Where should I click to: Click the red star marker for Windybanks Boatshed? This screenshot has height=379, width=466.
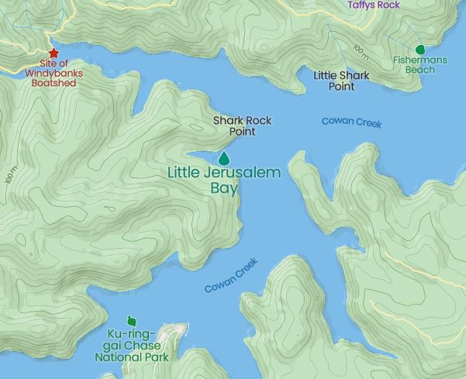(54, 53)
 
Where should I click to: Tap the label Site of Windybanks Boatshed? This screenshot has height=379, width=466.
(54, 74)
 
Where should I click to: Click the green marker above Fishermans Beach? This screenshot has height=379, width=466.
(421, 49)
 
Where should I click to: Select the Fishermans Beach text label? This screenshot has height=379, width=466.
(419, 64)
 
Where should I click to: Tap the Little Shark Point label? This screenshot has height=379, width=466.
(341, 81)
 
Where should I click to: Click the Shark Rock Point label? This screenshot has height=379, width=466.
(242, 126)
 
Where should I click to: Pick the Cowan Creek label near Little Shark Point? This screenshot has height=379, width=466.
(351, 122)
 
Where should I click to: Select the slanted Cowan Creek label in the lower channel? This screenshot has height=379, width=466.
(230, 276)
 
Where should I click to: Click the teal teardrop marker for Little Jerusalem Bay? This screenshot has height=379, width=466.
(224, 157)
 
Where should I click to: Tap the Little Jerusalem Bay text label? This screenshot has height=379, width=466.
(224, 180)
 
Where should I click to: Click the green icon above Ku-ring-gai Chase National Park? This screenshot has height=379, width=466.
(131, 321)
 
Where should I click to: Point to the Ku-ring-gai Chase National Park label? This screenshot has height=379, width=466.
(132, 346)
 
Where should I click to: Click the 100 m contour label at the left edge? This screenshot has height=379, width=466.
(9, 174)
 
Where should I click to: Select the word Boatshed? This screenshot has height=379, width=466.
(54, 84)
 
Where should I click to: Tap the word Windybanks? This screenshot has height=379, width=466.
(54, 74)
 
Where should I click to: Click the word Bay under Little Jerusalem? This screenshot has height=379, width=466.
(224, 188)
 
